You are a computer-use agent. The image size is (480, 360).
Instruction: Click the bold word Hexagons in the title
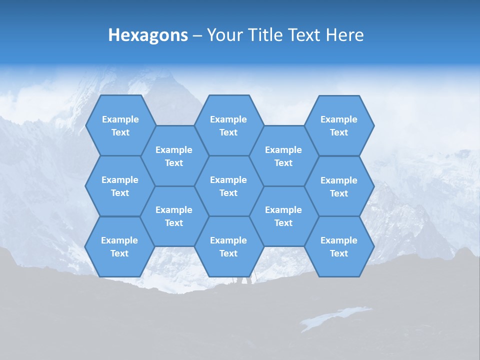pyautogui.click(x=148, y=35)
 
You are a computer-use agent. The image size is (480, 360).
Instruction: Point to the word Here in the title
pyautogui.click(x=345, y=35)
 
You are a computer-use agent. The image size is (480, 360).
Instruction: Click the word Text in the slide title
pyautogui.click(x=305, y=35)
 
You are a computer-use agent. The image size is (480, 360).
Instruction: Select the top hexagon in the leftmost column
pyautogui.click(x=120, y=125)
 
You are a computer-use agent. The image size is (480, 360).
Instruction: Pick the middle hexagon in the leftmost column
pyautogui.click(x=120, y=186)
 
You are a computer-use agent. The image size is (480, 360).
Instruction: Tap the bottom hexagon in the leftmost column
pyautogui.click(x=119, y=246)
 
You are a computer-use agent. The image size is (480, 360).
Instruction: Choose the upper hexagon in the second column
pyautogui.click(x=174, y=156)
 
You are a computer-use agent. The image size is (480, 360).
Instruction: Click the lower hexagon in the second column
pyautogui.click(x=174, y=216)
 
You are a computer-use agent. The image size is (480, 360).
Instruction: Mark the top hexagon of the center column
pyautogui.click(x=228, y=125)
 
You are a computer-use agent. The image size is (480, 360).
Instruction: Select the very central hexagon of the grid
pyautogui.click(x=228, y=186)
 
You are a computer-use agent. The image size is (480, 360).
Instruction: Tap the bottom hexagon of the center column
pyautogui.click(x=228, y=246)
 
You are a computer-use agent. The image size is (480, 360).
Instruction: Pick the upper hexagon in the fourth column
pyautogui.click(x=283, y=156)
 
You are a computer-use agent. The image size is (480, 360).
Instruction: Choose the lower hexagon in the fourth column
pyautogui.click(x=283, y=216)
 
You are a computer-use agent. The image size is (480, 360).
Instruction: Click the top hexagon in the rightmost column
pyautogui.click(x=339, y=125)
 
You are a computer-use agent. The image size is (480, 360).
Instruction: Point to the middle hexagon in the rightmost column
pyautogui.click(x=339, y=186)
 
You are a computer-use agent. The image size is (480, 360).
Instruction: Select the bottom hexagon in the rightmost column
pyautogui.click(x=339, y=246)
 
